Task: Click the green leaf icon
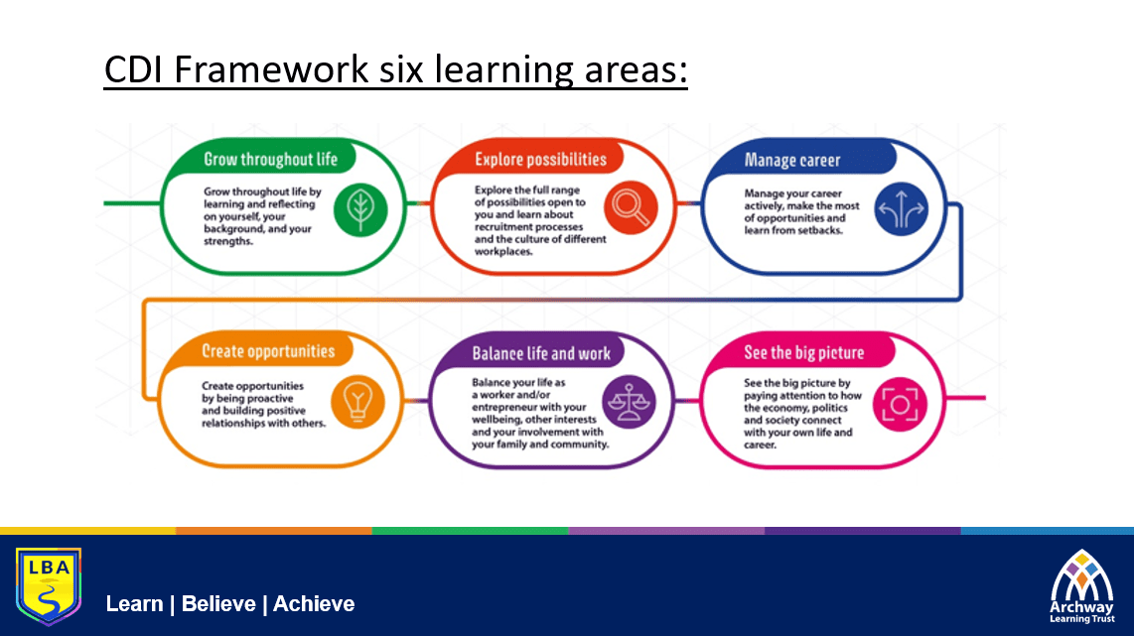click(360, 209)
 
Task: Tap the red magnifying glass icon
click(631, 207)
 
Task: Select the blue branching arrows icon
click(901, 209)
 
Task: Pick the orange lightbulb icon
click(358, 402)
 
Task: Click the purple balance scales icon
click(630, 402)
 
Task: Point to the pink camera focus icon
click(900, 405)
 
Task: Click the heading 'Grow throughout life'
click(270, 160)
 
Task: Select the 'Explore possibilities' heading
click(541, 160)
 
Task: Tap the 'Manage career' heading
click(792, 160)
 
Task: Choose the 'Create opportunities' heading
click(268, 351)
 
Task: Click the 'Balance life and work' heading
click(541, 353)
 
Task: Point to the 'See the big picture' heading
click(804, 352)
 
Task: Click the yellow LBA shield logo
click(49, 586)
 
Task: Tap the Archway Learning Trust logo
click(1082, 586)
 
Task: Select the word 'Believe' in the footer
click(218, 604)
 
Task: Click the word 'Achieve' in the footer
click(314, 604)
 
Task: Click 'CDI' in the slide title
click(134, 70)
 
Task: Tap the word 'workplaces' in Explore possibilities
click(502, 251)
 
